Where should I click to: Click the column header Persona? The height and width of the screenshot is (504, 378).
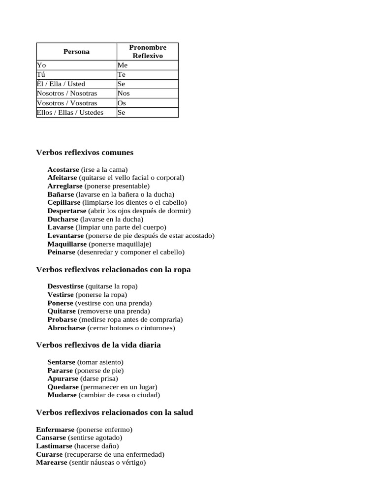pyautogui.click(x=76, y=52)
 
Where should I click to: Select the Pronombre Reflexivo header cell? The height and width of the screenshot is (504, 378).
pyautogui.click(x=148, y=52)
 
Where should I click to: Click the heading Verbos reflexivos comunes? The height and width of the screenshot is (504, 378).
pyautogui.click(x=85, y=153)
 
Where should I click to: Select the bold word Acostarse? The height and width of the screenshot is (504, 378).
pyautogui.click(x=63, y=169)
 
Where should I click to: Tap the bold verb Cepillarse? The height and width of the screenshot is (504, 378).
pyautogui.click(x=64, y=202)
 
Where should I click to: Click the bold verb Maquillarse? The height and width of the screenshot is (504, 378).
pyautogui.click(x=67, y=244)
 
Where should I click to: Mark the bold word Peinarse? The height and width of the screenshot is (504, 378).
pyautogui.click(x=62, y=252)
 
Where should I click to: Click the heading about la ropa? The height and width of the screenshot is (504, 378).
pyautogui.click(x=113, y=270)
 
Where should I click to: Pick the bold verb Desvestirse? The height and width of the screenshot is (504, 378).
pyautogui.click(x=65, y=286)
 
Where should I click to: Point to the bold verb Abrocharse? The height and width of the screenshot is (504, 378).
pyautogui.click(x=66, y=328)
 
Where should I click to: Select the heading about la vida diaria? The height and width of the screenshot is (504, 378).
pyautogui.click(x=98, y=345)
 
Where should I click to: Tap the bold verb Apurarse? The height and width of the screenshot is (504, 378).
pyautogui.click(x=63, y=378)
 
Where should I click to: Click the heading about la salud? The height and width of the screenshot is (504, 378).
pyautogui.click(x=114, y=412)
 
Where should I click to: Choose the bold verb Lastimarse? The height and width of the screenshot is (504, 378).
pyautogui.click(x=54, y=446)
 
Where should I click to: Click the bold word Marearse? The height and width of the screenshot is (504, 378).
pyautogui.click(x=52, y=463)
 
